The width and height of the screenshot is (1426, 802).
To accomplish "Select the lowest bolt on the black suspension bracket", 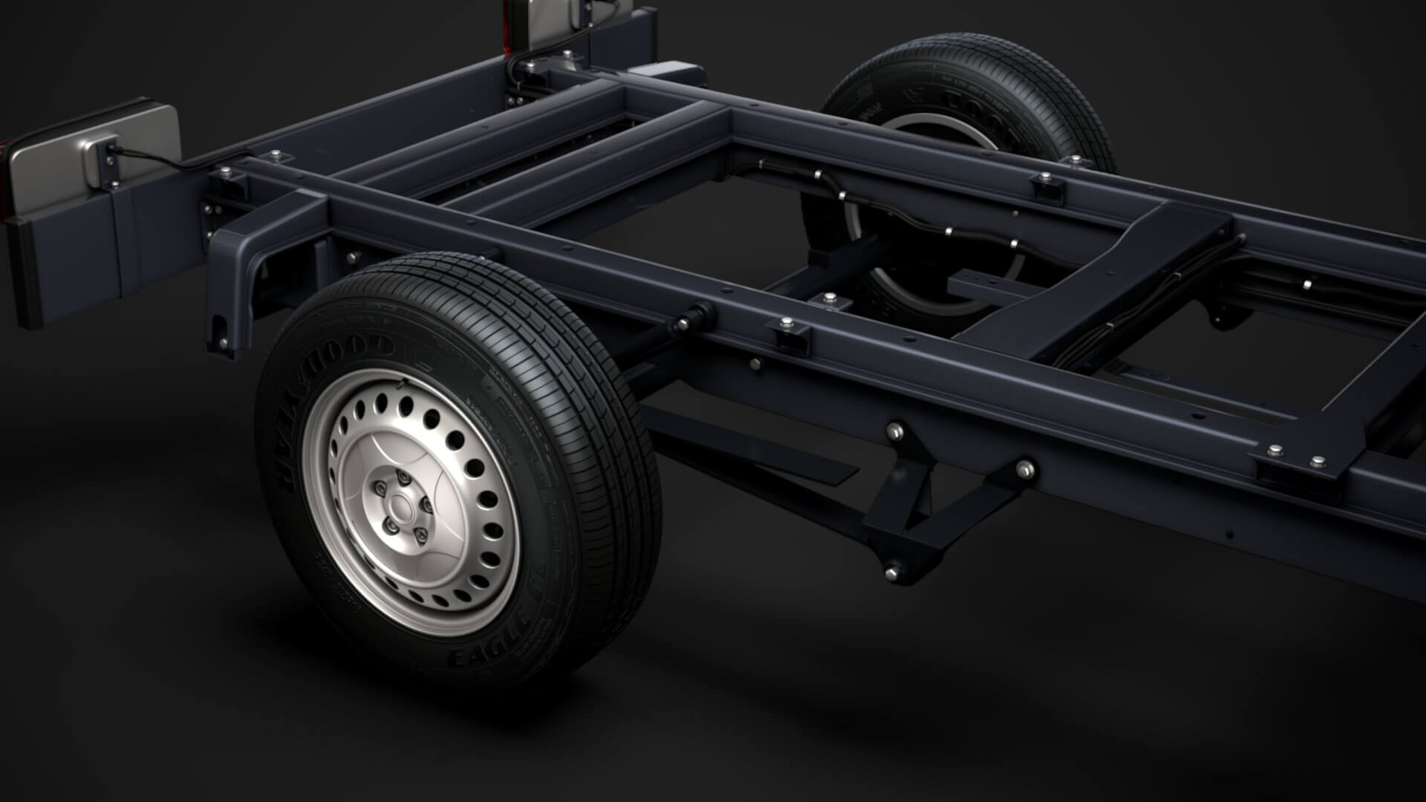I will pos(891,570).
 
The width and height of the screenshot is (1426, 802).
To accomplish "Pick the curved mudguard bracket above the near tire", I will pos(245,267).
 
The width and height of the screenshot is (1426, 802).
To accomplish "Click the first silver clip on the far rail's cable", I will pos(816,175).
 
